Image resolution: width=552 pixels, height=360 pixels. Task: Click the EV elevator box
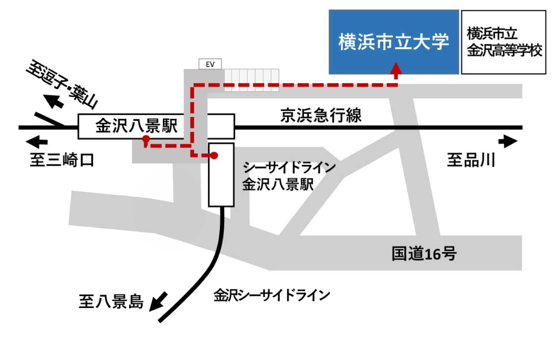(x=210, y=64)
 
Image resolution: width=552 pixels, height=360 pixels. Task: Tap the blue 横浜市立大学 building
(x=393, y=42)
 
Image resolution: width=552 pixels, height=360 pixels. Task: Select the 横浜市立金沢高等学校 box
(x=503, y=42)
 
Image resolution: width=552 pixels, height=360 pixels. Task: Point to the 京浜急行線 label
(x=321, y=116)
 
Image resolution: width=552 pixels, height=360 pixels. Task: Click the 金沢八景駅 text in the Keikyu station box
(x=136, y=126)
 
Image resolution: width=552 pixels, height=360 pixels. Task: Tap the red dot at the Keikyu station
(x=146, y=139)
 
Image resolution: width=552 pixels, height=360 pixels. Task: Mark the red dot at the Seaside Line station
(x=215, y=156)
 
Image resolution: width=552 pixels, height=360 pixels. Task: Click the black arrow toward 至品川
(x=509, y=141)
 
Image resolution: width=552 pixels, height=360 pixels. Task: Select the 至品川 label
(x=471, y=160)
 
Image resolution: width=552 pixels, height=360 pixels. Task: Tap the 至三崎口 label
(x=62, y=160)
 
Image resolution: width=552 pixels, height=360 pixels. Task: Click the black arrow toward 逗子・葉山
(x=53, y=100)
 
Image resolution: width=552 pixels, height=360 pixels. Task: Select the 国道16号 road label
(x=424, y=254)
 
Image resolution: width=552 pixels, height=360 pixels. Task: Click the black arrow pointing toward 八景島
(x=158, y=302)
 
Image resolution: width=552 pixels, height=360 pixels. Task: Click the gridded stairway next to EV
(x=251, y=80)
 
